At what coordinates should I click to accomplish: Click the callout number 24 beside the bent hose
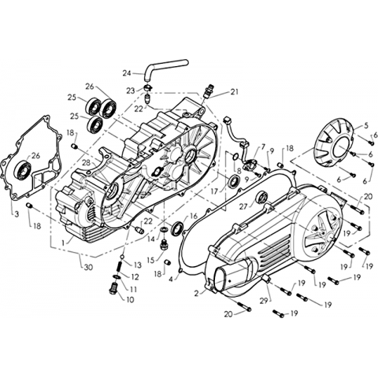pyautogui.click(x=127, y=73)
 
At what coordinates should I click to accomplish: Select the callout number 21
pyautogui.click(x=235, y=92)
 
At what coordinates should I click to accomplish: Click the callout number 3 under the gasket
pyautogui.click(x=17, y=214)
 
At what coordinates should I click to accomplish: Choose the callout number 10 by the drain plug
pyautogui.click(x=130, y=299)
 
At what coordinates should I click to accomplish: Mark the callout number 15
pyautogui.click(x=151, y=261)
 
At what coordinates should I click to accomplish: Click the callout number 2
pyautogui.click(x=197, y=293)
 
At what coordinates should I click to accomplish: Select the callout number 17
pyautogui.click(x=214, y=191)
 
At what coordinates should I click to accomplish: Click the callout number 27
pyautogui.click(x=243, y=206)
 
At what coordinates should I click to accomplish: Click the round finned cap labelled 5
pyautogui.click(x=335, y=144)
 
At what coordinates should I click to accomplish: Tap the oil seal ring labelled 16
pyautogui.click(x=177, y=228)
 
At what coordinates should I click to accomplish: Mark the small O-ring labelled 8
pyautogui.click(x=235, y=157)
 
